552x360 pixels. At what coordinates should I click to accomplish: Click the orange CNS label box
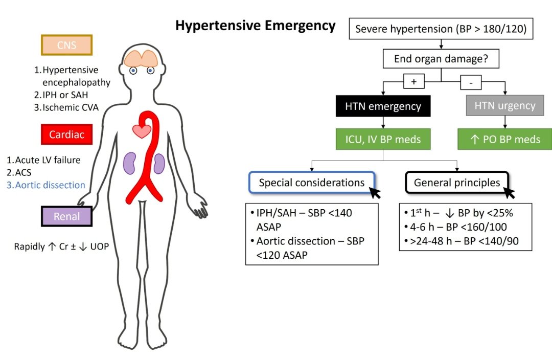(67, 45)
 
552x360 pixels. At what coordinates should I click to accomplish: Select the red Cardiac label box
(67, 134)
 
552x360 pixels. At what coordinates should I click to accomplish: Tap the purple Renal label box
(67, 216)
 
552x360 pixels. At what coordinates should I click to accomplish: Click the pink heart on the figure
(141, 131)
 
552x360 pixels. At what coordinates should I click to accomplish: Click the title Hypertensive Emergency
(256, 26)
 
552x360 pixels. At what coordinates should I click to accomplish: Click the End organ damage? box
(441, 59)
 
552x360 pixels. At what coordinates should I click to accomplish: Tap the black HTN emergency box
(383, 106)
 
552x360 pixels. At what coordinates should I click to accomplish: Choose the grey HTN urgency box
(504, 106)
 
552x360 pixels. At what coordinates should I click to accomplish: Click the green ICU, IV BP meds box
(383, 139)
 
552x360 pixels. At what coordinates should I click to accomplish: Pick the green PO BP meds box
(504, 139)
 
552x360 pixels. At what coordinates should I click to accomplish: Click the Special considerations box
(312, 183)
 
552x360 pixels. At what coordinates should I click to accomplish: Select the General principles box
(457, 183)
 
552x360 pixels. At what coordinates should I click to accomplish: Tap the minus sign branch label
(471, 81)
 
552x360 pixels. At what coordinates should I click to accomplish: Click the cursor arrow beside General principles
(509, 193)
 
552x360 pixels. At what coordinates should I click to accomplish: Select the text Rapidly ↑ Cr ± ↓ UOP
(61, 247)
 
